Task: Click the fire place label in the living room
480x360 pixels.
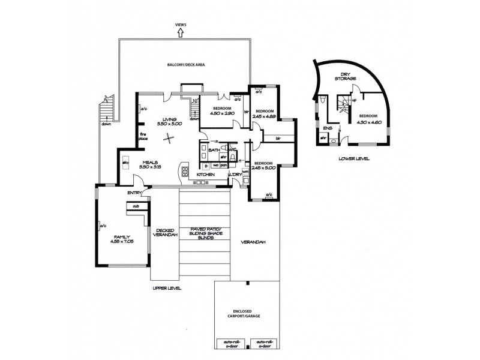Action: tap(143, 137)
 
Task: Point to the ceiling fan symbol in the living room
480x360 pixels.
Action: tap(170, 139)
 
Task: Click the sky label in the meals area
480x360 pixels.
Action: tap(126, 163)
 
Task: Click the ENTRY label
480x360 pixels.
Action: tap(134, 193)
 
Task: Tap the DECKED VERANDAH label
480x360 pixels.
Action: tap(164, 233)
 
